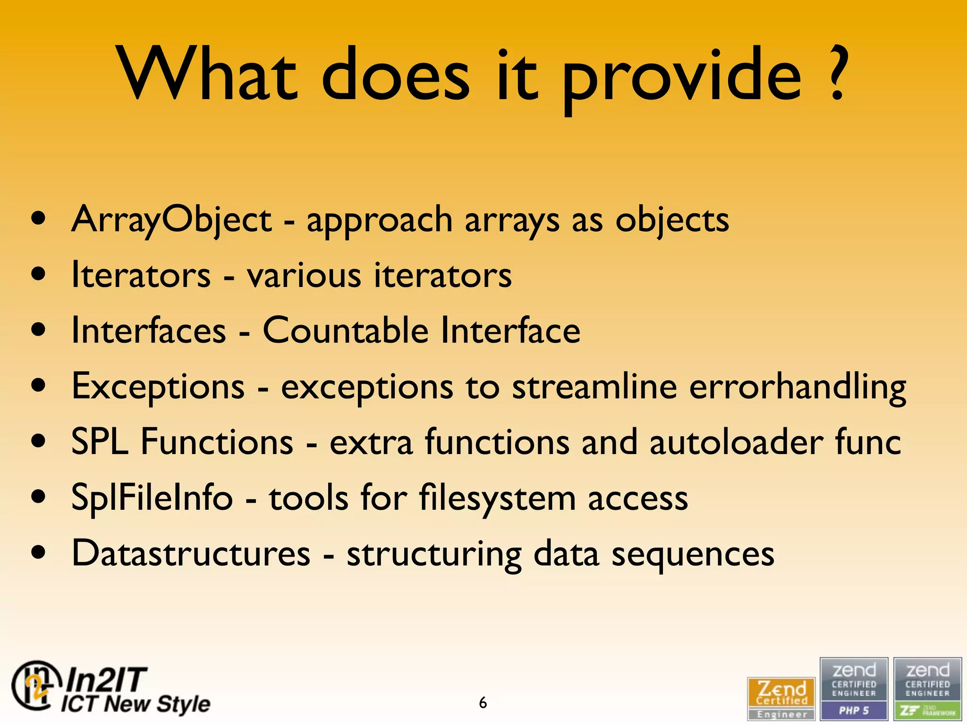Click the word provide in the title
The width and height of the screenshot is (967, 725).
pyautogui.click(x=682, y=78)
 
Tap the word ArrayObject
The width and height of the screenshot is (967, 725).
pyautogui.click(x=171, y=220)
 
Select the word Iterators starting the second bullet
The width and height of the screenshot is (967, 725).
pyautogui.click(x=141, y=275)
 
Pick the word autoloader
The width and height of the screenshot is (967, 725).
pyautogui.click(x=737, y=442)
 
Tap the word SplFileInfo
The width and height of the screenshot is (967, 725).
pyautogui.click(x=152, y=498)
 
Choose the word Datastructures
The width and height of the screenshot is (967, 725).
pyautogui.click(x=191, y=553)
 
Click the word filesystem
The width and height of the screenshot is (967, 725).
pyautogui.click(x=497, y=498)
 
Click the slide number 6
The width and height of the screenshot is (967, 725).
pyautogui.click(x=483, y=703)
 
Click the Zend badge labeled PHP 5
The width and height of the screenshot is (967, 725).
pyautogui.click(x=854, y=689)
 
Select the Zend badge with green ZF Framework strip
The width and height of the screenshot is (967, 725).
pyautogui.click(x=927, y=689)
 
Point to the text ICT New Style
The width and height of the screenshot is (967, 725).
pyautogui.click(x=136, y=704)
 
